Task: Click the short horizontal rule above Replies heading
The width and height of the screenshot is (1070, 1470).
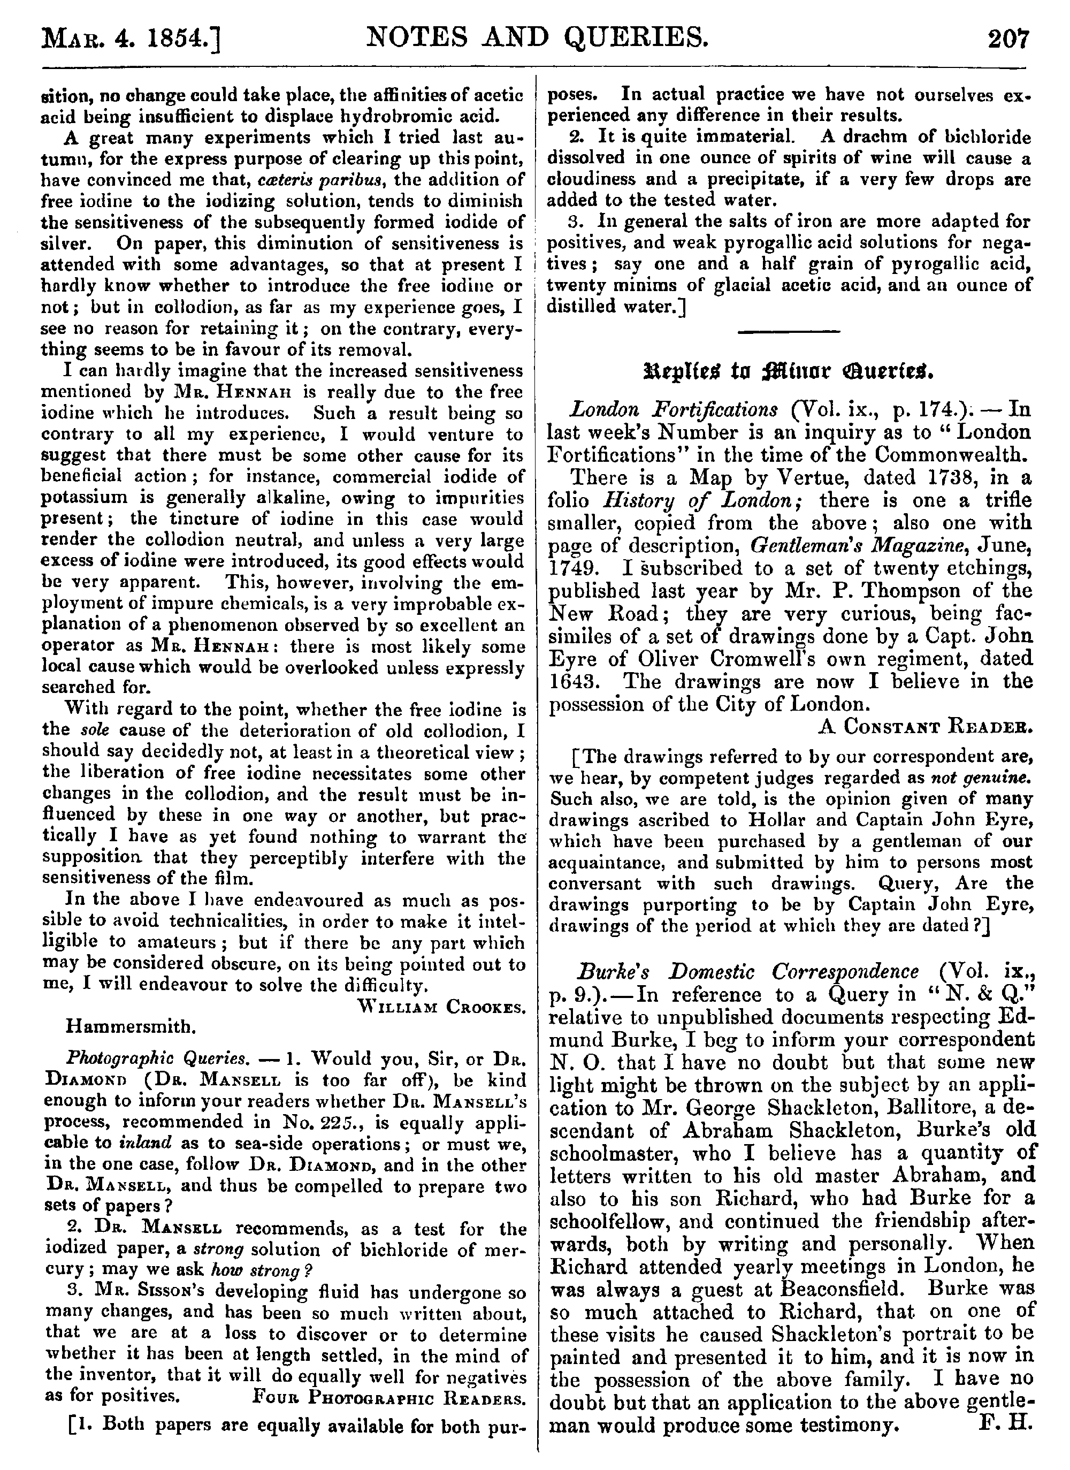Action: point(789,332)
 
